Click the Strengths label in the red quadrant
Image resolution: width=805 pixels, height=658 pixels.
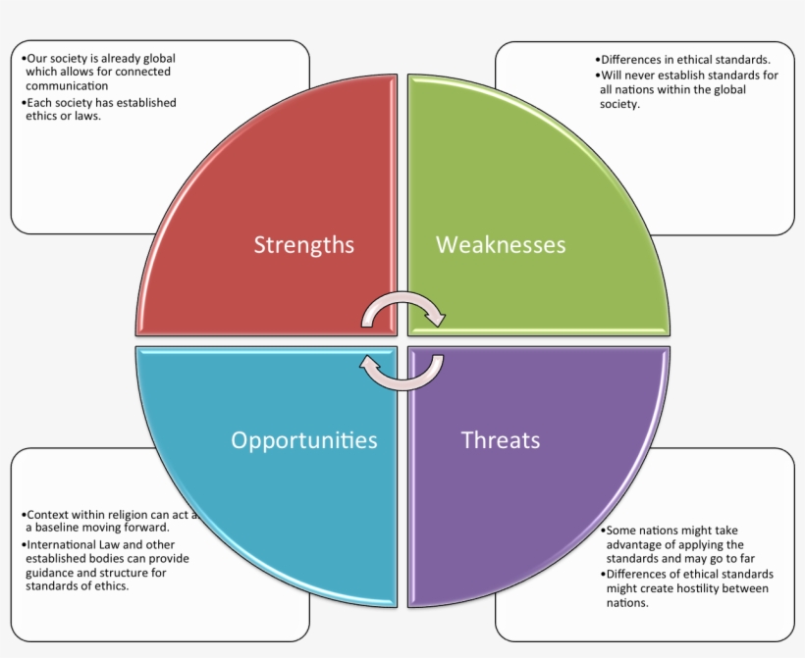pos(303,244)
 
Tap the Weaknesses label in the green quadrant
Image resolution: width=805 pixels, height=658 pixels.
pos(501,244)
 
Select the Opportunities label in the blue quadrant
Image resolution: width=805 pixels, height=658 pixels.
pos(303,440)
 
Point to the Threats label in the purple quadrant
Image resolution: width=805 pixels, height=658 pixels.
pos(501,440)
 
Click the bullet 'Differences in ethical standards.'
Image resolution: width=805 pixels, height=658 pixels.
pos(685,59)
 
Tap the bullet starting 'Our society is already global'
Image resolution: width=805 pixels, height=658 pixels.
pos(98,72)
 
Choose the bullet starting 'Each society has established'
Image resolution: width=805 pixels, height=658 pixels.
pos(98,109)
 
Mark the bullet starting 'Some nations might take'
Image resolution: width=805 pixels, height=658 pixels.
pos(683,544)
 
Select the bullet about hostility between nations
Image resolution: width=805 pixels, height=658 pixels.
pos(687,588)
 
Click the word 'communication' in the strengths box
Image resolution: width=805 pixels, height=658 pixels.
pos(67,85)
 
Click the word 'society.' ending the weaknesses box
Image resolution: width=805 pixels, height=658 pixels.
pos(619,104)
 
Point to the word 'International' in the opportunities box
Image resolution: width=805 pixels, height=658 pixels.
pos(61,544)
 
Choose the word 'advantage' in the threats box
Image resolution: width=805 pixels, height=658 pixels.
pos(633,544)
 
